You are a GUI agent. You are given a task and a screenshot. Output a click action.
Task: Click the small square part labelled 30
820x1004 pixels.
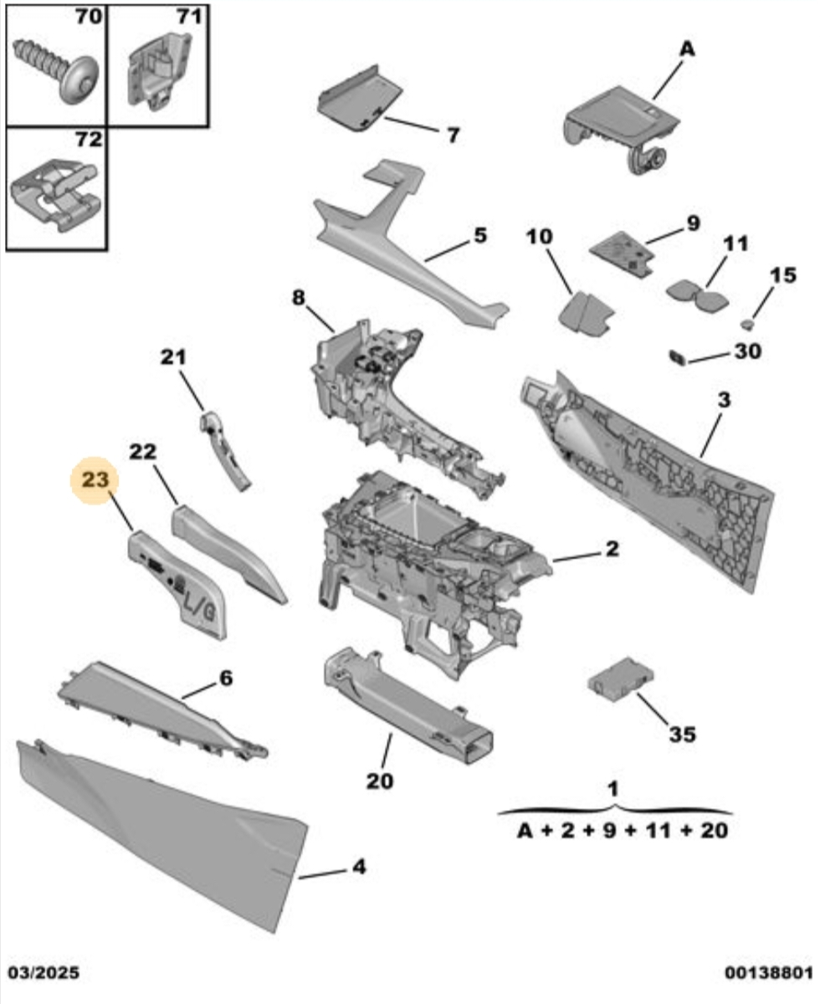pos(677,358)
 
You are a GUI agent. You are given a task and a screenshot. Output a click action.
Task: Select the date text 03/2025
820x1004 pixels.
pos(44,973)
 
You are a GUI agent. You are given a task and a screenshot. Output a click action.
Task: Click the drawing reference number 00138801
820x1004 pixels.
pos(768,973)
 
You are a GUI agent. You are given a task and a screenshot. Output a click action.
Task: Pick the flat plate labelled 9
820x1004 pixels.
pos(623,252)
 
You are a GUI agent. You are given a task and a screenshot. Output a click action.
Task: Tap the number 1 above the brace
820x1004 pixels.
pos(613,789)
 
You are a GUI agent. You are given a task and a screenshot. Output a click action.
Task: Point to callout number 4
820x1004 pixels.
pos(358,868)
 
